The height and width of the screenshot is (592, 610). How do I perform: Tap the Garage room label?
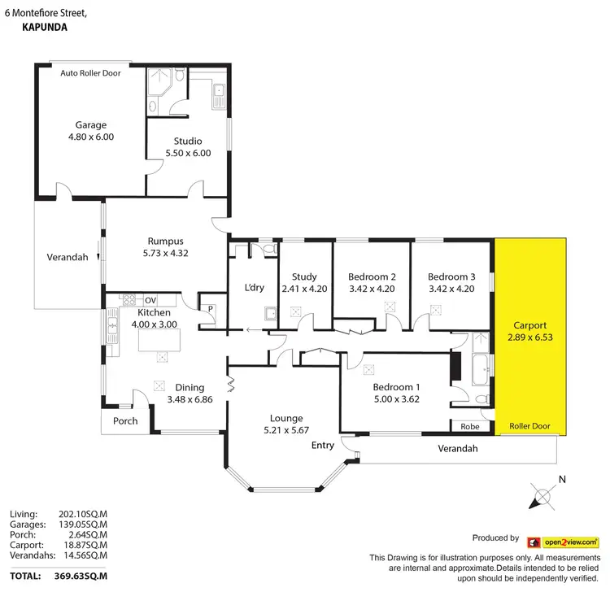tap(91, 125)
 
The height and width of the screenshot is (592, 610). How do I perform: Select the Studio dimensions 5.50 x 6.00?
tap(187, 153)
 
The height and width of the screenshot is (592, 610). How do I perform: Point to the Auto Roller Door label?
tap(90, 72)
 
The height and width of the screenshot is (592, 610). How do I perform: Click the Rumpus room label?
tap(165, 241)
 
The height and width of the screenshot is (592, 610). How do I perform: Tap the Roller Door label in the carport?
tap(529, 426)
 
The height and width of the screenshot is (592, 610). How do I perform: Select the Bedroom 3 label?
tap(451, 276)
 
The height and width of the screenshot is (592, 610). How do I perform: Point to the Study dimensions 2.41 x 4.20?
tap(305, 288)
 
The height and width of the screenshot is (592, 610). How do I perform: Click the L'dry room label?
tap(255, 287)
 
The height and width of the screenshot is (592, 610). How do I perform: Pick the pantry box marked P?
tap(209, 308)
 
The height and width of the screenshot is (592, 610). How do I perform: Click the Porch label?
tap(126, 421)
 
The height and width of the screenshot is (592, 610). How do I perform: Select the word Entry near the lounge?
tap(323, 446)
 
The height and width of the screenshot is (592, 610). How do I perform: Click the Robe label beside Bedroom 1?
tap(469, 426)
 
